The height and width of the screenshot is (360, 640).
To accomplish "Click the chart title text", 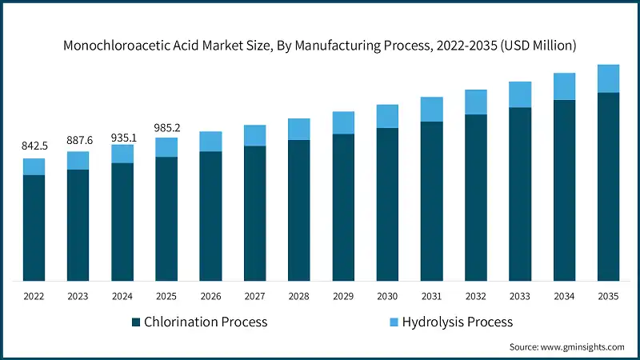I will tap(320, 46).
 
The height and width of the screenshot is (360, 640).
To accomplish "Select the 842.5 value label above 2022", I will tap(34, 146).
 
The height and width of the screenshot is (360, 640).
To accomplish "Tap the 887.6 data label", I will tap(78, 140).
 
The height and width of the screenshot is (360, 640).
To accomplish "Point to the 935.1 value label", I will tap(122, 137).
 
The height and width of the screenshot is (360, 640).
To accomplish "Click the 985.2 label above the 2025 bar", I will tap(166, 127).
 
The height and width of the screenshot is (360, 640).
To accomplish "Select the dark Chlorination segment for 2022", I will tap(34, 228).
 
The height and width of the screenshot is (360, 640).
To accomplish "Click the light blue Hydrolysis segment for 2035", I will tap(609, 78).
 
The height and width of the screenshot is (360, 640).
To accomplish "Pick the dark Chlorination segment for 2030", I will tap(387, 204).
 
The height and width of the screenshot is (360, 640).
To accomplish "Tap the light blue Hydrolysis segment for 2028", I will tap(299, 129).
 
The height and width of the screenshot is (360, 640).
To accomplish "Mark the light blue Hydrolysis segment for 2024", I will tap(122, 154).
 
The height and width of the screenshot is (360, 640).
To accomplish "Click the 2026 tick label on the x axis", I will tap(210, 295).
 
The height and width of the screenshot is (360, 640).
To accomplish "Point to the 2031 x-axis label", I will tap(432, 295).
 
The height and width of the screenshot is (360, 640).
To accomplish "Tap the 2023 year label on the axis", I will tap(78, 295).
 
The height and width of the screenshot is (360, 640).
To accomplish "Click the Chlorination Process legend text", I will tap(205, 322).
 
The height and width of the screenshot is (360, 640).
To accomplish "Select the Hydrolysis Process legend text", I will tap(458, 322).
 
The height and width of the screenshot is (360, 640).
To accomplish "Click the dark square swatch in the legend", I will tap(136, 322).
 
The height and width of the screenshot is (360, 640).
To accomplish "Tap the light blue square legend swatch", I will tap(394, 322).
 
